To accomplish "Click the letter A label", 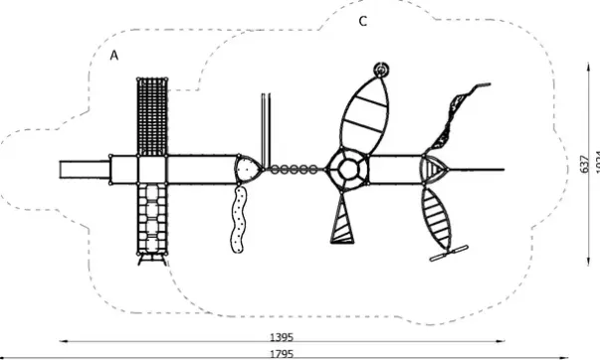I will click(x=114, y=57).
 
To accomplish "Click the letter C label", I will click(x=363, y=20).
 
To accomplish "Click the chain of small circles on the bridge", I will click(x=295, y=169).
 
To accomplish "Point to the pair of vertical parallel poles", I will click(x=265, y=123).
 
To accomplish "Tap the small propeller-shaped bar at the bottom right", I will click(x=451, y=253).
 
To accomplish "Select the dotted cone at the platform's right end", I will click(x=249, y=169).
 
